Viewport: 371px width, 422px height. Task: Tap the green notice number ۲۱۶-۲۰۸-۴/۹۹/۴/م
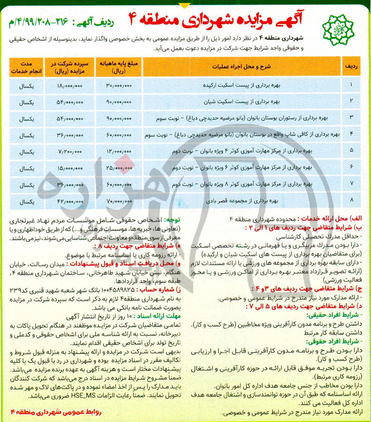point(38,22)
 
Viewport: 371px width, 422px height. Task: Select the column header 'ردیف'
point(351,67)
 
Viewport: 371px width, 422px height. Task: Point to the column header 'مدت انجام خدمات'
point(27,68)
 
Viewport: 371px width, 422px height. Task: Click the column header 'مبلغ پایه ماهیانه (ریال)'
point(119,68)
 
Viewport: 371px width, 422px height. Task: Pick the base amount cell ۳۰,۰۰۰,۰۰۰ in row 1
point(119,86)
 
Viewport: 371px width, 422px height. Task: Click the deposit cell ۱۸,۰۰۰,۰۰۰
point(70,86)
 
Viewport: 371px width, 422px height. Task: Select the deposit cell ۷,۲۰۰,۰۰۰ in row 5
point(70,152)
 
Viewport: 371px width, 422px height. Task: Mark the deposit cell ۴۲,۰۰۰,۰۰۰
point(70,202)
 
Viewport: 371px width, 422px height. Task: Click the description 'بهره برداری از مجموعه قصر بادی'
point(242,201)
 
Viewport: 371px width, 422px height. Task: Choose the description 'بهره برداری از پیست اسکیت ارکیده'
point(241,86)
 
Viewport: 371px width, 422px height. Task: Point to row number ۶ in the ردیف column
point(351,167)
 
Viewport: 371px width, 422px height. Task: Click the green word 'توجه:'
point(172,220)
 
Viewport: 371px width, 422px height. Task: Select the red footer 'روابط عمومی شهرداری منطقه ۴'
point(56,412)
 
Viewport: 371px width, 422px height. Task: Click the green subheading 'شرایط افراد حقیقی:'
point(332,315)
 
